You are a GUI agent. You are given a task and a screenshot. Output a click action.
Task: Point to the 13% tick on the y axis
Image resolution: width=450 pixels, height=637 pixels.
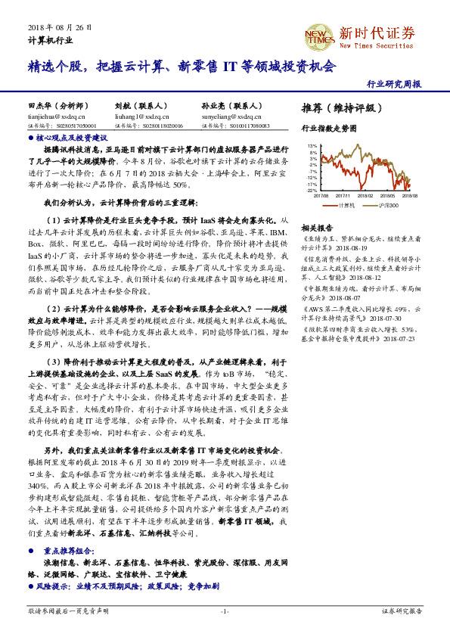click(312, 146)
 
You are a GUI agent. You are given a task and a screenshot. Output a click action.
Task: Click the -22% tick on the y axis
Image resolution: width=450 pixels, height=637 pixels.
click(311, 190)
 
